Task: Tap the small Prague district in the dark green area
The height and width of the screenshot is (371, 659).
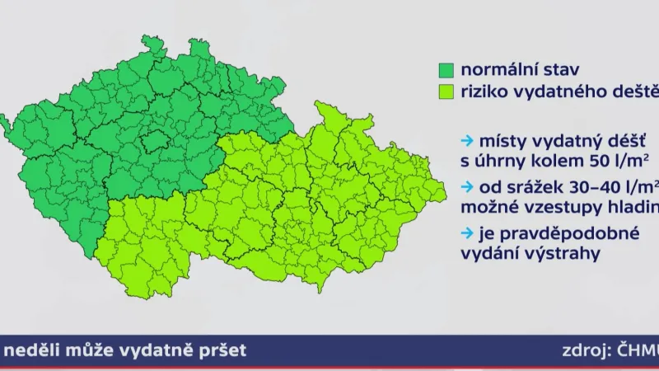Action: point(153,141)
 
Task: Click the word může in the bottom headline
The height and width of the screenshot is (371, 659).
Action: point(85,351)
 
